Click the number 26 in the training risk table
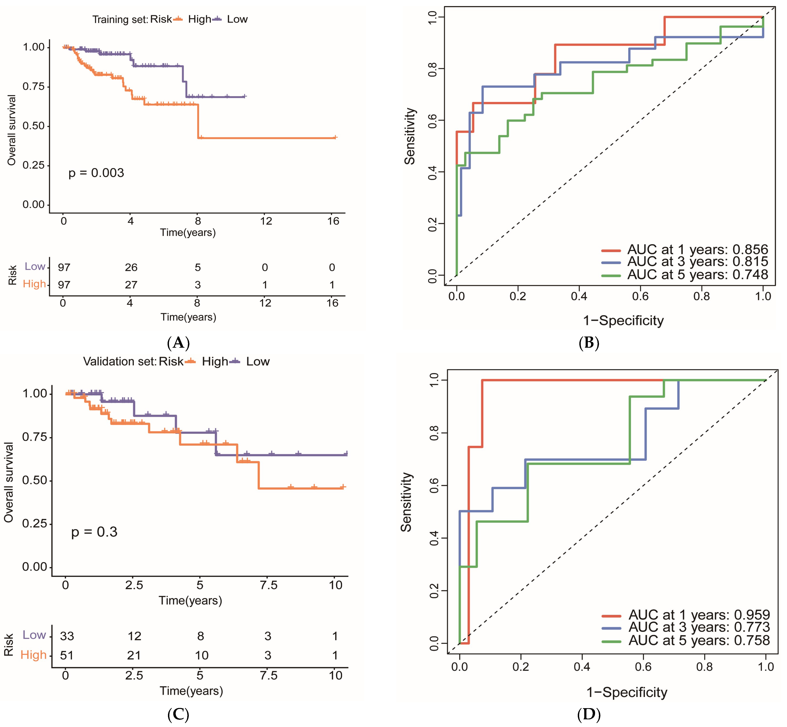pyautogui.click(x=131, y=268)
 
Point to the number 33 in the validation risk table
pyautogui.click(x=67, y=636)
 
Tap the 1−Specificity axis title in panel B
pyautogui.click(x=623, y=321)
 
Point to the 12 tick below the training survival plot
pyautogui.click(x=266, y=221)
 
